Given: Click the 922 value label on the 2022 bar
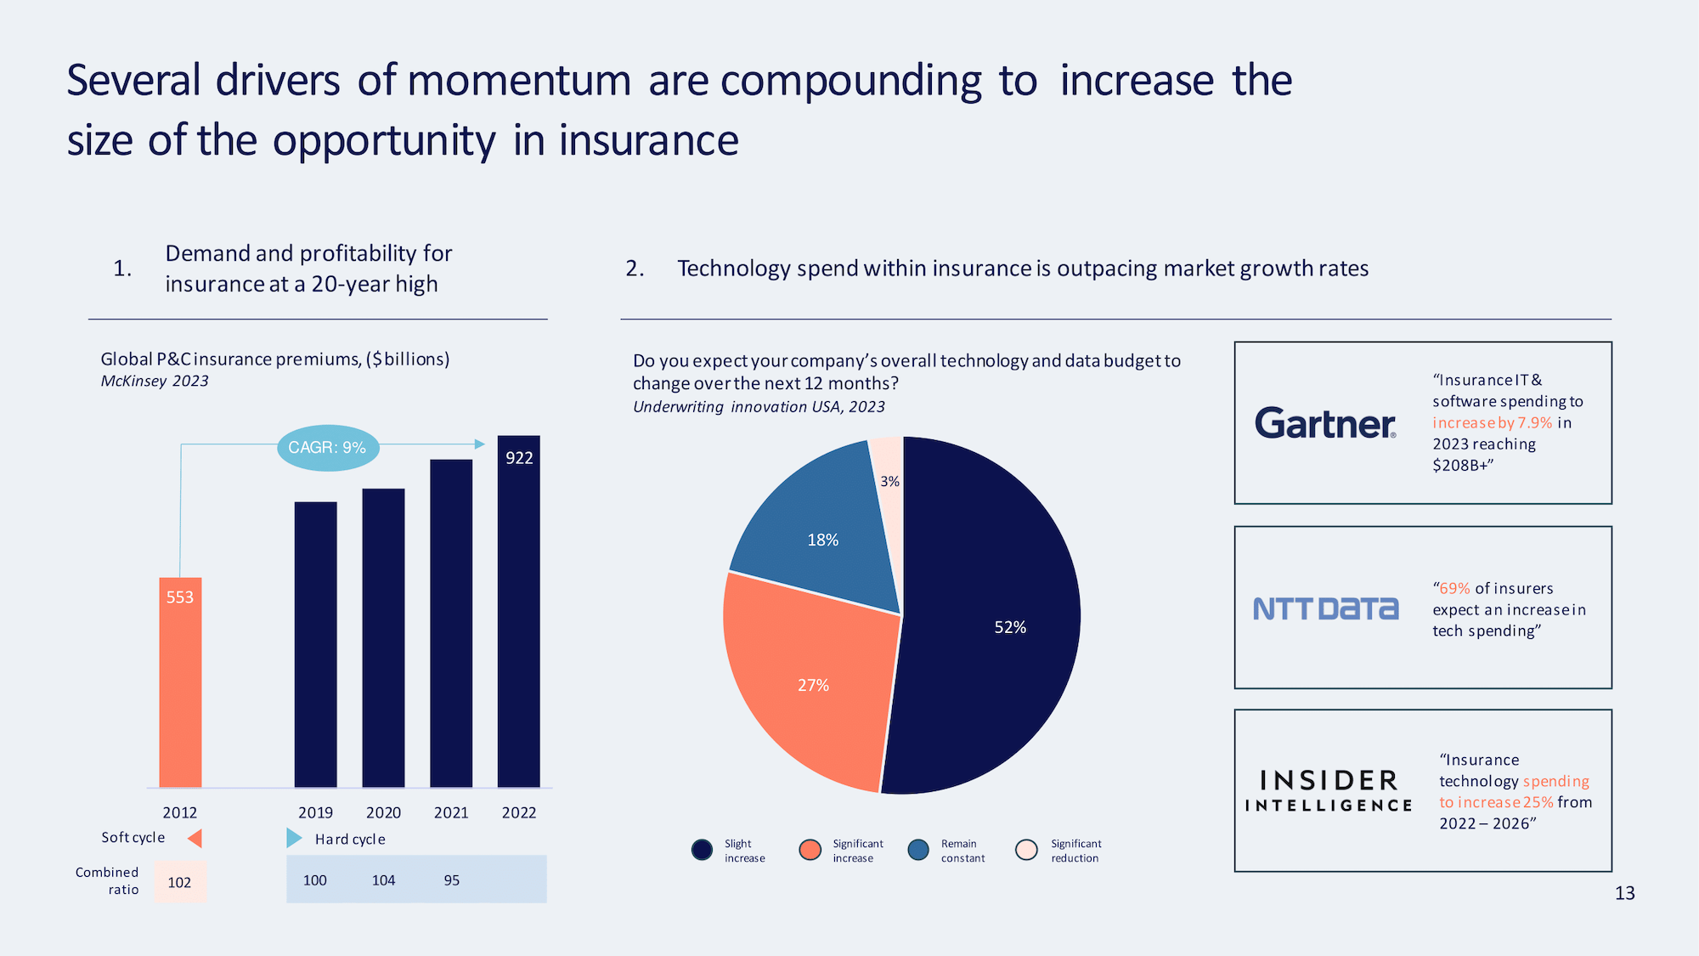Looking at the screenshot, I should (519, 458).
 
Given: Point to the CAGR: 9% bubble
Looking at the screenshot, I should (328, 447).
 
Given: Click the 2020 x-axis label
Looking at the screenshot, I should (383, 812).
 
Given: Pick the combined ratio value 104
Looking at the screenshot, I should (383, 880).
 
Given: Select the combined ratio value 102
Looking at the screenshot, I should (179, 882).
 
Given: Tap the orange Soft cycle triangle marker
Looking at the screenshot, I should (195, 839).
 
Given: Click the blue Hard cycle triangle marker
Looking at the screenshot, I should (294, 839).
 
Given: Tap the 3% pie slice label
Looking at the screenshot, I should (889, 481).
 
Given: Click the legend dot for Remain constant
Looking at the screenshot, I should (918, 850).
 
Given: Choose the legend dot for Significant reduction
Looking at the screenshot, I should (1026, 850).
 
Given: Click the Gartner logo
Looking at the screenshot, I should (1325, 423).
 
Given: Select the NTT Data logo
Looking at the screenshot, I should (1325, 608).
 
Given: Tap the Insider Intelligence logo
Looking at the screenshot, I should (1329, 791).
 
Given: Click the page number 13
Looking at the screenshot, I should (1624, 893).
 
